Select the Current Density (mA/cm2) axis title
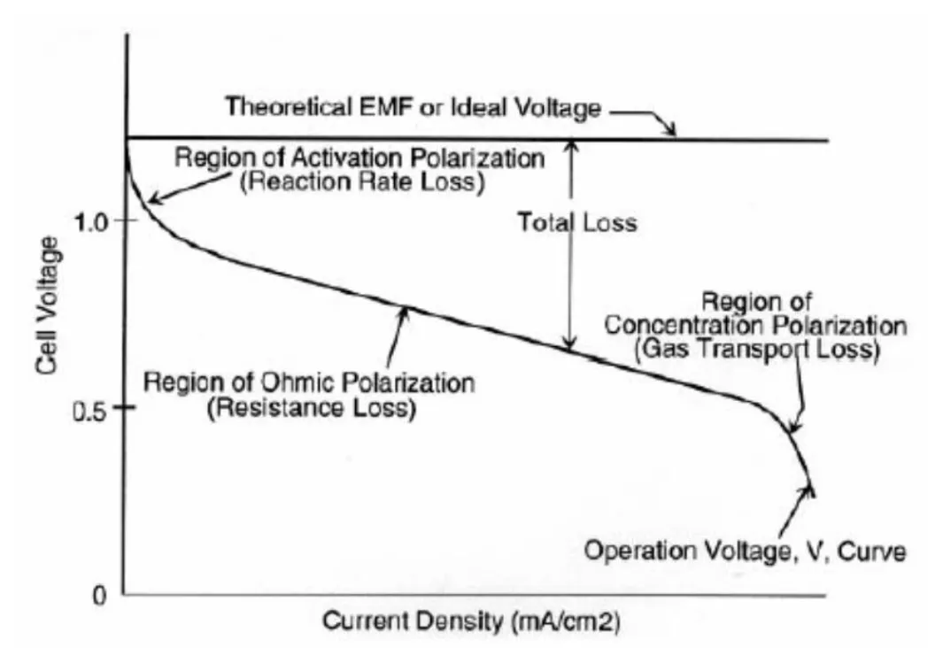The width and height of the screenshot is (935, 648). [x=470, y=621]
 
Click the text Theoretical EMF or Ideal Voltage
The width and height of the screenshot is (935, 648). [x=413, y=108]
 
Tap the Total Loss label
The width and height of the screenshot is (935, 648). [x=576, y=222]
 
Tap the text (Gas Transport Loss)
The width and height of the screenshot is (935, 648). [x=756, y=350]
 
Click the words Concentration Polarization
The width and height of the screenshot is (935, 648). [x=755, y=326]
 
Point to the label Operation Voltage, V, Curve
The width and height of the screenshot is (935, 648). [x=744, y=552]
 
